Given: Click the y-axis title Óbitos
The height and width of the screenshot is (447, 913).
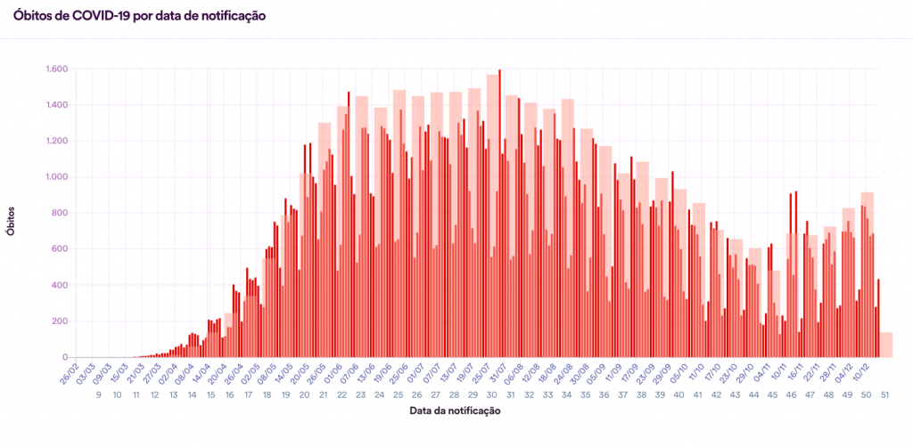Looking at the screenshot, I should coord(11,218).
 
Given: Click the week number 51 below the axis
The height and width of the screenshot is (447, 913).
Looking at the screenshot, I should coord(884,394).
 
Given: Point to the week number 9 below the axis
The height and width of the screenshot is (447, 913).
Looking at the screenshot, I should coord(98,394).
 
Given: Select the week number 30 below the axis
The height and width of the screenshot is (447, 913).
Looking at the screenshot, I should coord(491,394).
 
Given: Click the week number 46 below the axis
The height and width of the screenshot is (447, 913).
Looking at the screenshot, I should coord(791,394).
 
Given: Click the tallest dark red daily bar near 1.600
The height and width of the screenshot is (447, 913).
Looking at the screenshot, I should coord(499,214).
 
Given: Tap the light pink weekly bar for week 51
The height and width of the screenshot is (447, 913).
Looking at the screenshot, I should coord(886,345).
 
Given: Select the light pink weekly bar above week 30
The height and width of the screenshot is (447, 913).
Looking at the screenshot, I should coord(492,89).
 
